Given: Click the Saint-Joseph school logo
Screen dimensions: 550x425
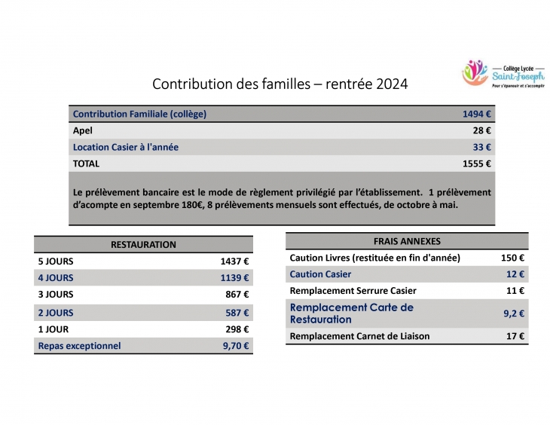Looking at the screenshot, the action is [x=503, y=73].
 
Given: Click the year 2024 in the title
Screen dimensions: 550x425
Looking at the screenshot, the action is [x=392, y=84].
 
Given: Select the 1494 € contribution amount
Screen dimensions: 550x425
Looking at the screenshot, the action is [x=477, y=114].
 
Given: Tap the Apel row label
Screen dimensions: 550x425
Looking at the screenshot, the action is [x=83, y=130].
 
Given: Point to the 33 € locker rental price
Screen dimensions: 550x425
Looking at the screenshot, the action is [x=482, y=147].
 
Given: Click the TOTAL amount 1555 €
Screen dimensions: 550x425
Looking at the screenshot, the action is [x=477, y=164].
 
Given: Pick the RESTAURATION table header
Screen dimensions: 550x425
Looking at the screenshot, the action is [x=143, y=245].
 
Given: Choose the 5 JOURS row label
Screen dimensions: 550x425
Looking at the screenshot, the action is [x=56, y=261].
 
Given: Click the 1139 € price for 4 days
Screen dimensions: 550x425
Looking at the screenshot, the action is [x=234, y=278].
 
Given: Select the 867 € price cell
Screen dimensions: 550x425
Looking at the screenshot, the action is [x=237, y=295].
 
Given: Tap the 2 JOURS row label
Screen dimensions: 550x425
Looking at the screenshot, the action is [x=56, y=313].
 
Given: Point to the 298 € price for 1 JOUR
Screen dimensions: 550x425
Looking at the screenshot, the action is [x=237, y=329].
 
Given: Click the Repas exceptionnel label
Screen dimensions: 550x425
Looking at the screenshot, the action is [x=79, y=346].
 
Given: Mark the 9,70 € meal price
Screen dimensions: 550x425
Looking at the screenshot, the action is [x=236, y=346].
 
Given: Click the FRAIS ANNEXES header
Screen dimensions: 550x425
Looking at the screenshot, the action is [x=407, y=241].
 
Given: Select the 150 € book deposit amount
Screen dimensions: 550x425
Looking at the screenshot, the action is [x=512, y=258].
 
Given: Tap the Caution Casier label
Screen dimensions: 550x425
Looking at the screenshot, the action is [x=320, y=274].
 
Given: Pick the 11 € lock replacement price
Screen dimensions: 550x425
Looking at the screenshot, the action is [x=515, y=291].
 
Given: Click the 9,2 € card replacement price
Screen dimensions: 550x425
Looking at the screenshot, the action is [x=514, y=313].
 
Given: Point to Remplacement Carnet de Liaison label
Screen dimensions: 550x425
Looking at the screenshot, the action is [x=359, y=336].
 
